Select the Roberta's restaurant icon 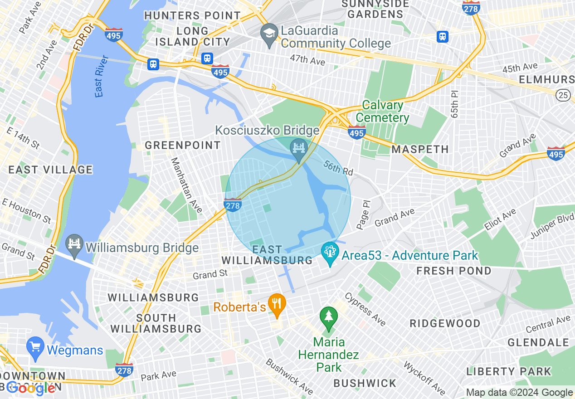pyautogui.click(x=276, y=304)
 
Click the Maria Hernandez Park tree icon pyautogui.click(x=328, y=317)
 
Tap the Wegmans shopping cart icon pyautogui.click(x=35, y=347)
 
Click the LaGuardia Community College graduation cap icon pyautogui.click(x=269, y=34)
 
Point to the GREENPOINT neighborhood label pyautogui.click(x=183, y=146)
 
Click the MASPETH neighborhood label pyautogui.click(x=420, y=149)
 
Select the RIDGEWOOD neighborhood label pyautogui.click(x=445, y=323)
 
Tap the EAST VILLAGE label pyautogui.click(x=50, y=170)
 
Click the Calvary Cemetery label pyautogui.click(x=383, y=112)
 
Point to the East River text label pyautogui.click(x=102, y=76)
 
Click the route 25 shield pyautogui.click(x=563, y=95)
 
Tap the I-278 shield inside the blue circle pyautogui.click(x=233, y=204)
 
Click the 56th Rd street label pyautogui.click(x=338, y=168)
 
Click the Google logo pyautogui.click(x=31, y=388)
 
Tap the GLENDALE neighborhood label pyautogui.click(x=538, y=342)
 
